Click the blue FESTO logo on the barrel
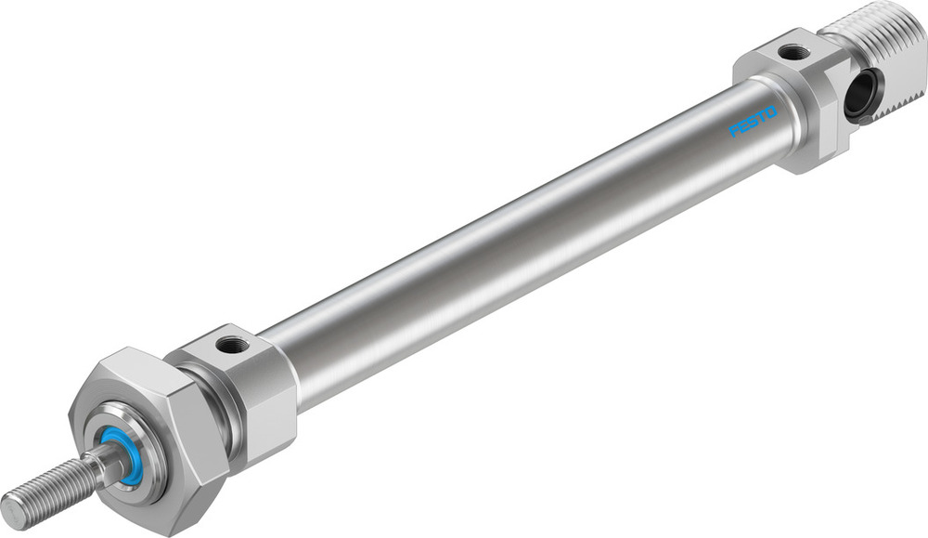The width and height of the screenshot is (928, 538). coord(754,122)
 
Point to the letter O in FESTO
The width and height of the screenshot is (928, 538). coord(772,112)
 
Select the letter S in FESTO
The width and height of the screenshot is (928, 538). coord(754,122)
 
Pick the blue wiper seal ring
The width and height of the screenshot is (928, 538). coord(123,455)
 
